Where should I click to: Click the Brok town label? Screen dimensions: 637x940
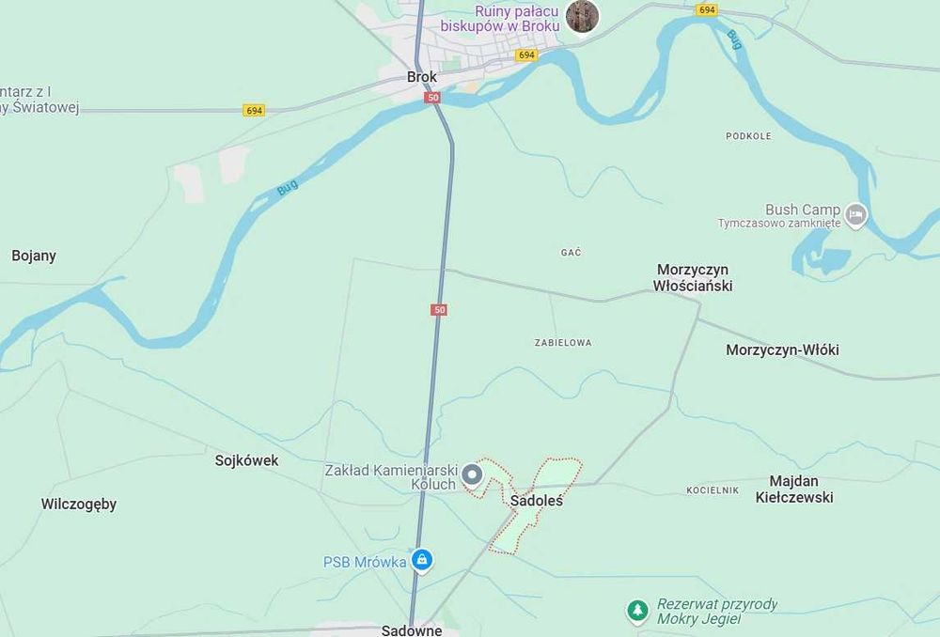pyautogui.click(x=422, y=77)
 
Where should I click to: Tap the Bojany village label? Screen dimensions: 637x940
pyautogui.click(x=34, y=256)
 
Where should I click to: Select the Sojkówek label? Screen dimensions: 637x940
pyautogui.click(x=246, y=460)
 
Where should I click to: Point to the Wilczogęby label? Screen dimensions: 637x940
pyautogui.click(x=79, y=504)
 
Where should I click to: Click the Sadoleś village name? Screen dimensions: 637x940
pyautogui.click(x=536, y=501)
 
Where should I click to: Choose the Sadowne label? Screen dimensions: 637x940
pyautogui.click(x=412, y=629)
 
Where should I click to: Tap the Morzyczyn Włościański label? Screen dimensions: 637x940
pyautogui.click(x=694, y=278)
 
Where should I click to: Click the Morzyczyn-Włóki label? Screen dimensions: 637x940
pyautogui.click(x=782, y=350)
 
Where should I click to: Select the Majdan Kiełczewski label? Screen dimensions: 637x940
pyautogui.click(x=794, y=489)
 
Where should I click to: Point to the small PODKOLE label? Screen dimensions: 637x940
pyautogui.click(x=748, y=136)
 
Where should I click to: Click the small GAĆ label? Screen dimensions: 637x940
pyautogui.click(x=571, y=253)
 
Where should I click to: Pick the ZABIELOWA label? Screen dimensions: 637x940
pyautogui.click(x=562, y=343)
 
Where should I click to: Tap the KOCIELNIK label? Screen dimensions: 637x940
pyautogui.click(x=713, y=490)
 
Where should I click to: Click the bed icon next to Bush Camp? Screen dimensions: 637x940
pyautogui.click(x=855, y=215)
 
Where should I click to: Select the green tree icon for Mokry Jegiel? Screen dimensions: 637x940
pyautogui.click(x=638, y=612)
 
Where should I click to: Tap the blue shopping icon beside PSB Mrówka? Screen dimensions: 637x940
pyautogui.click(x=422, y=560)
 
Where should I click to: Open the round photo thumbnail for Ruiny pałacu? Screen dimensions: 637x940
pyautogui.click(x=582, y=16)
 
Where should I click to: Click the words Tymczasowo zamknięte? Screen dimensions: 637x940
pyautogui.click(x=777, y=224)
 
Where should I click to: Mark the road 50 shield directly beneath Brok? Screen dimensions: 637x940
pyautogui.click(x=431, y=98)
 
